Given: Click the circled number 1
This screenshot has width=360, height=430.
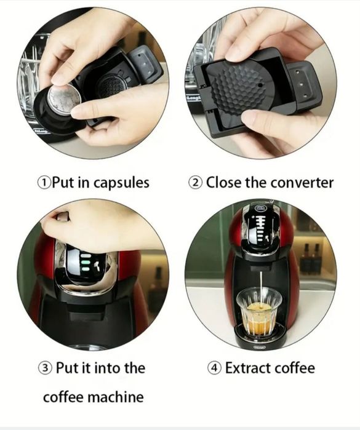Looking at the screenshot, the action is pyautogui.click(x=44, y=183).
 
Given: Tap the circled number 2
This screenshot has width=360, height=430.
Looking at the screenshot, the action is pyautogui.click(x=195, y=183).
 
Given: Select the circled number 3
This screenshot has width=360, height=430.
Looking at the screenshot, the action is pyautogui.click(x=45, y=368).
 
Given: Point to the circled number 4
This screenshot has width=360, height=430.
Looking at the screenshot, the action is pyautogui.click(x=214, y=368).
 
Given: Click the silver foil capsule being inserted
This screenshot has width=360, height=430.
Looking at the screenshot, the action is pyautogui.click(x=64, y=98).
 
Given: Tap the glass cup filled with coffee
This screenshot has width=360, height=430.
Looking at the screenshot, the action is pyautogui.click(x=258, y=311).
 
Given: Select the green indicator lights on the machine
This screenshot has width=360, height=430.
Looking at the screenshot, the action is pyautogui.click(x=86, y=263).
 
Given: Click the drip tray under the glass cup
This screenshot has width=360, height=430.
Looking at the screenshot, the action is pyautogui.click(x=258, y=333).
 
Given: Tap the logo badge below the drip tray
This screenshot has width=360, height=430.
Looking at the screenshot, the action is pyautogui.click(x=259, y=348).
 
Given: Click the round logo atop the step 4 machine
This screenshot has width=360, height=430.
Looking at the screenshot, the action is pyautogui.click(x=260, y=209).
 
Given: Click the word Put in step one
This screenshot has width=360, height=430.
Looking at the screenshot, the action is pyautogui.click(x=64, y=182).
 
